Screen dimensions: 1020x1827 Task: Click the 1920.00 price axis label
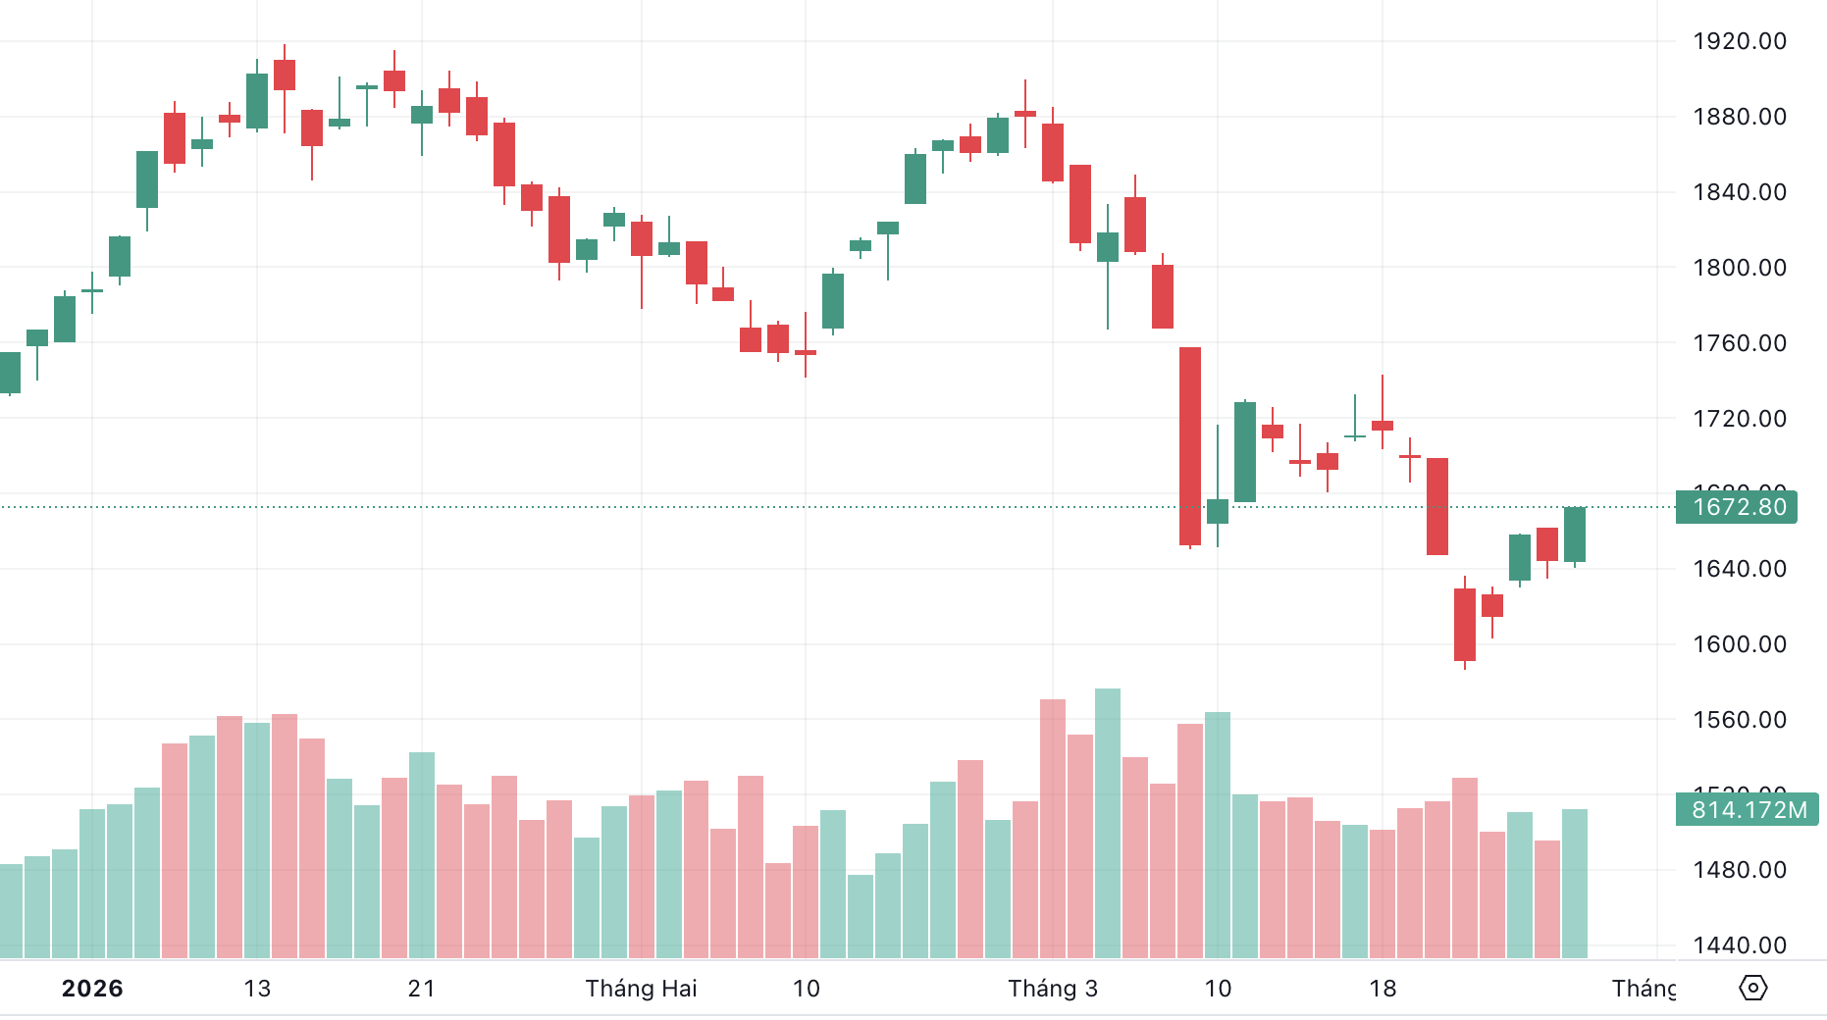[x=1739, y=41]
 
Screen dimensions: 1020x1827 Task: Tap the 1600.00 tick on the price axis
[x=1739, y=644]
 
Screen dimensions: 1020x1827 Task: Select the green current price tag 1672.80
[x=1737, y=507]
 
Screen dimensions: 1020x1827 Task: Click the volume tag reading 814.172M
[x=1747, y=810]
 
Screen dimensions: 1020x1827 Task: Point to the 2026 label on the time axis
[x=92, y=989]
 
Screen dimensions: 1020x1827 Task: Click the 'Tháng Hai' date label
[x=641, y=989]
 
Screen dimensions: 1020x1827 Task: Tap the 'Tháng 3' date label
[x=1053, y=989]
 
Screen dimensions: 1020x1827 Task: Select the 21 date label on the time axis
[x=422, y=989]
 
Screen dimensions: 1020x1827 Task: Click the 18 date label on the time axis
[x=1383, y=989]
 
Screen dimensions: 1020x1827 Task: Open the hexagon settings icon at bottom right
[x=1752, y=988]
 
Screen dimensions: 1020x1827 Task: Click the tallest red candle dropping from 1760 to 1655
[x=1190, y=446]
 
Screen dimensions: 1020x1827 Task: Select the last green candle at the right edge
[x=1575, y=535]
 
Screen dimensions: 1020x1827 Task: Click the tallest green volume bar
[x=1108, y=824]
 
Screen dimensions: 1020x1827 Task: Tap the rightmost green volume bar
[x=1575, y=883]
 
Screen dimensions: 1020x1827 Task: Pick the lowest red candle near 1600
[x=1465, y=625]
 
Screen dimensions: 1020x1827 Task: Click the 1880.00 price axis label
[x=1739, y=117]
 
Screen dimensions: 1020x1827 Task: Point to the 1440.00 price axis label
[x=1739, y=945]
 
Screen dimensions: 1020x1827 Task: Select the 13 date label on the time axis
[x=257, y=989]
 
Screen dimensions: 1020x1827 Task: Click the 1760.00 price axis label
[x=1739, y=343]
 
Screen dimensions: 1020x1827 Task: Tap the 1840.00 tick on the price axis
[x=1739, y=192]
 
